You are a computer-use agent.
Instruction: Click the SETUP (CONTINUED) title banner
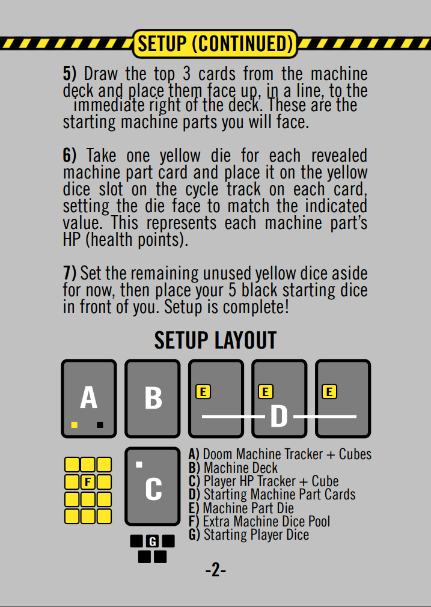point(215,43)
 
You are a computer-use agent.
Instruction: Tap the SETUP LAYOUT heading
point(215,340)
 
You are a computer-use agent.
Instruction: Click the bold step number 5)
point(70,73)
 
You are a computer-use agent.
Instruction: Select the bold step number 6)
point(70,156)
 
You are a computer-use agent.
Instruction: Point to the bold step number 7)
point(70,273)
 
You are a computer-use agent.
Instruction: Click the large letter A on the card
point(89,398)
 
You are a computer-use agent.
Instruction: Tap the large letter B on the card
point(153,398)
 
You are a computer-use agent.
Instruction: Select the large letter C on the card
point(153,489)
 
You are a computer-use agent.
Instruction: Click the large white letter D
point(279,416)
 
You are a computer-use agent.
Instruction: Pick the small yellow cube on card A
point(75,425)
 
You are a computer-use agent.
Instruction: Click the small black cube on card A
point(100,425)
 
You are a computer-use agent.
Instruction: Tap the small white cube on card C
point(139,465)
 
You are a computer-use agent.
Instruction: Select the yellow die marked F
point(88,482)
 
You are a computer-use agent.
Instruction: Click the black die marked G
point(153,541)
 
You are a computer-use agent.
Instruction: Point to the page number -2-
point(216,570)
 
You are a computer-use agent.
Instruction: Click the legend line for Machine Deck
point(233,468)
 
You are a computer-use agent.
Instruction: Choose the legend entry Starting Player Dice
point(249,535)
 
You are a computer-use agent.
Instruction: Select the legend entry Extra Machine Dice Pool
point(260,521)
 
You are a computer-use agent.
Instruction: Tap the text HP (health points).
point(126,240)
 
